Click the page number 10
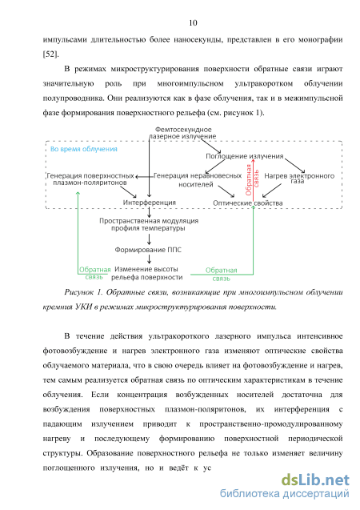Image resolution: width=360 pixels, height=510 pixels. (x=193, y=22)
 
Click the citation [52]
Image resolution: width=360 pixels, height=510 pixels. (x=50, y=54)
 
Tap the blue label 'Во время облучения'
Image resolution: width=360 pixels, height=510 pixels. (x=84, y=149)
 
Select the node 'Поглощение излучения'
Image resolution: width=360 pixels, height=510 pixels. (x=245, y=156)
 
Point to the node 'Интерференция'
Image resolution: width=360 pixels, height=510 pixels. (x=149, y=203)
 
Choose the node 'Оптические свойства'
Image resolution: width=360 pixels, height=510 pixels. (x=247, y=203)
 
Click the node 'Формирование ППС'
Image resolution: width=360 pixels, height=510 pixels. (x=148, y=250)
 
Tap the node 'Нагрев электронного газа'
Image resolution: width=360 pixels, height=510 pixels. (x=299, y=179)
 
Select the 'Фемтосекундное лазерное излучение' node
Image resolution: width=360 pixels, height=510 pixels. (x=182, y=133)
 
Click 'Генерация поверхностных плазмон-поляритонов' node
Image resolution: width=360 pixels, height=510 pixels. (x=90, y=179)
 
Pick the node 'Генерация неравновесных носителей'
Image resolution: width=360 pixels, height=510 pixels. (x=198, y=180)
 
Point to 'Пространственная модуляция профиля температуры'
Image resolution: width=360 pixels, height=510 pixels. (x=149, y=224)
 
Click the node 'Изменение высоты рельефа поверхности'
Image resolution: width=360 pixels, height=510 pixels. (x=147, y=273)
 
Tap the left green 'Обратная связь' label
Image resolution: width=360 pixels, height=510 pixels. (x=95, y=273)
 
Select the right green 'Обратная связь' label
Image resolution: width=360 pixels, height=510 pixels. (x=222, y=274)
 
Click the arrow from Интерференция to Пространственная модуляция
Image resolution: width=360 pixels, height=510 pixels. (x=149, y=212)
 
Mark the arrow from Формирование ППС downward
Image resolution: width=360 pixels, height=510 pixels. (x=149, y=259)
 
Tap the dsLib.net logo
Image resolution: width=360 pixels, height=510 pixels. (x=315, y=480)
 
